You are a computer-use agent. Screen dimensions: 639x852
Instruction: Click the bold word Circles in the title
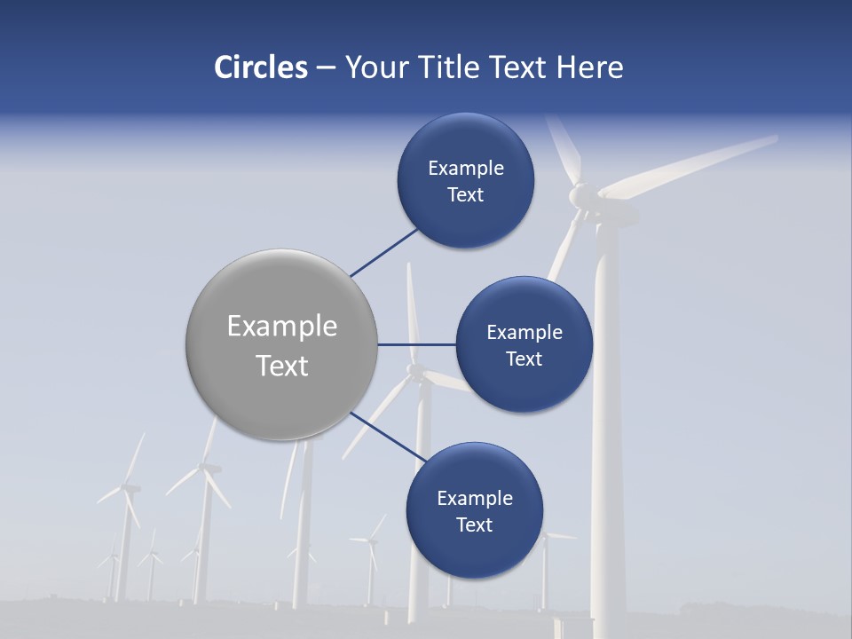[260, 67]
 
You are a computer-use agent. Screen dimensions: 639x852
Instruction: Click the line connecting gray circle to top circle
[385, 251]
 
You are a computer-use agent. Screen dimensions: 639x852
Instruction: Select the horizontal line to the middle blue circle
[417, 344]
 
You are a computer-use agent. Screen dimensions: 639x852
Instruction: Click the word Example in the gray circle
[282, 327]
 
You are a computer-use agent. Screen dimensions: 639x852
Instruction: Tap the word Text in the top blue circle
[465, 195]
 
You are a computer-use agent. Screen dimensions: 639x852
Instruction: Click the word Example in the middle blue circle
[524, 333]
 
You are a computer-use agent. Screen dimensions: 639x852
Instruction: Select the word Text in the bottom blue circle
[474, 525]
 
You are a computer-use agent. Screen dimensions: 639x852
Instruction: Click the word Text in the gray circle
[282, 366]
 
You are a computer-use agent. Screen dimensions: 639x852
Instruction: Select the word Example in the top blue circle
[465, 169]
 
